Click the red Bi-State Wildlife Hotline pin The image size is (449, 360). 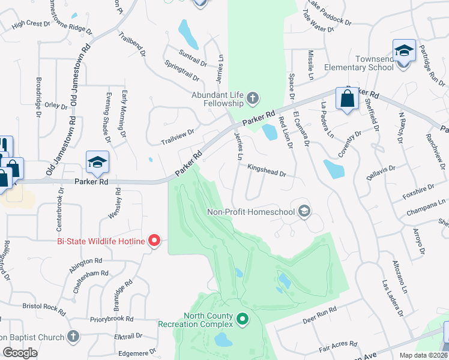[154, 241]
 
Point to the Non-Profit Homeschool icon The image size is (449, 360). [304, 211]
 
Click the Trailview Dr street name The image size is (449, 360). [178, 137]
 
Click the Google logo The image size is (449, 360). [20, 352]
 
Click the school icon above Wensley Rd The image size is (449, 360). [97, 161]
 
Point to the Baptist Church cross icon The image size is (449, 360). [73, 336]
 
